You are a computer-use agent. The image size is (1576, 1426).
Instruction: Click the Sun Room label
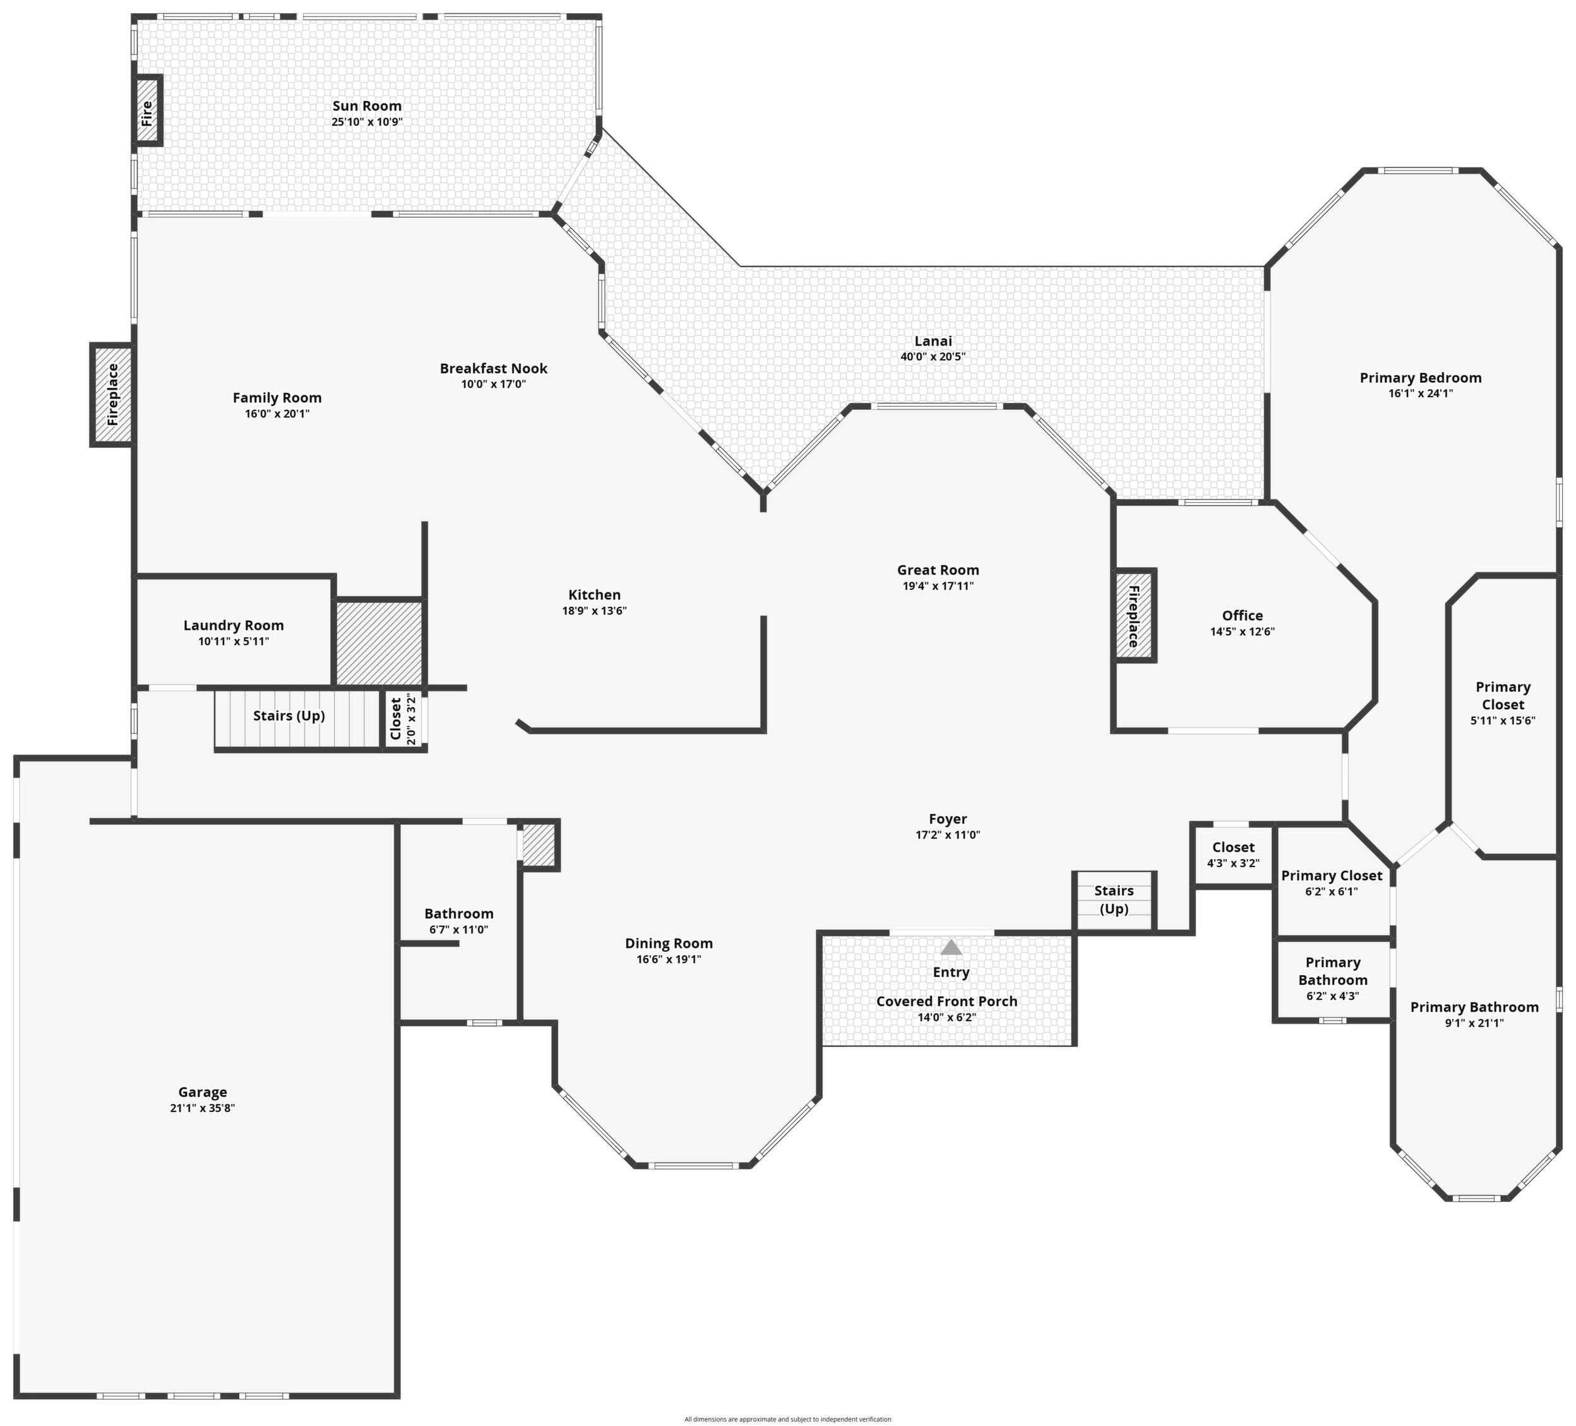coord(367,106)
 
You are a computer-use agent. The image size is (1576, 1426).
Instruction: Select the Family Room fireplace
coord(112,395)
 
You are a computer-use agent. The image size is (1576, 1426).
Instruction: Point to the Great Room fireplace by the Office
coord(1134,616)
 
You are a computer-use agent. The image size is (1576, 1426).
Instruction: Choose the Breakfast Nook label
coord(493,369)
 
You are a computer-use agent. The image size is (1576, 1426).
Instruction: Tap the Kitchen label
coord(594,596)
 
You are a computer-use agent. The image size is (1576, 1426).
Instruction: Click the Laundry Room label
coord(234,625)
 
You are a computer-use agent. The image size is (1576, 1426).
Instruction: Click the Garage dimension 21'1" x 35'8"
coord(203,1108)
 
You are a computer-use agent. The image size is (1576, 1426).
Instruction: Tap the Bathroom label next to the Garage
coord(459,914)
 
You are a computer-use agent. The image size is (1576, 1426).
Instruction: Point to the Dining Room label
coord(669,944)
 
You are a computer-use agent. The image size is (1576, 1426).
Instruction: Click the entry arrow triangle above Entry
coord(951,947)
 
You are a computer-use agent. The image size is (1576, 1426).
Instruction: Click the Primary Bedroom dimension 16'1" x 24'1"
coord(1421,394)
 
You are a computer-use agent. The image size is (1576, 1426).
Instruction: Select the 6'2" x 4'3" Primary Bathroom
coord(1333,980)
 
